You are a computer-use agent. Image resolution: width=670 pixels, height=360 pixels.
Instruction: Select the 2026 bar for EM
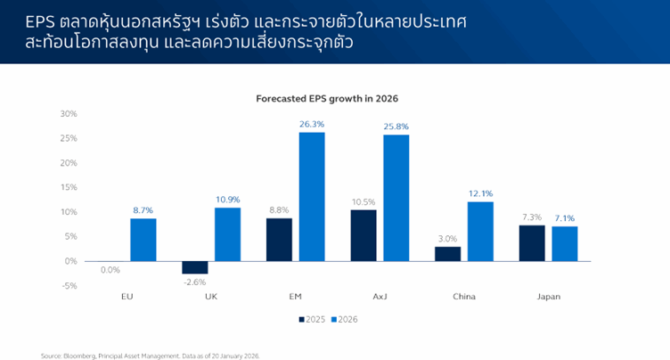tap(312, 196)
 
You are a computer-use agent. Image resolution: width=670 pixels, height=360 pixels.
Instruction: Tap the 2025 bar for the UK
tap(194, 267)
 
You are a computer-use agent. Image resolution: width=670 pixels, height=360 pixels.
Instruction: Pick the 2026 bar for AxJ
tap(396, 198)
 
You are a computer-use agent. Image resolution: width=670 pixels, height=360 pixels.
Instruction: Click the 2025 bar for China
tap(448, 253)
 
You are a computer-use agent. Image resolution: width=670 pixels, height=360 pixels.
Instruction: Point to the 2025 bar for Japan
tap(532, 242)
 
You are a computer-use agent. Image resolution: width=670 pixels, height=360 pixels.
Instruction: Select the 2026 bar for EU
tap(143, 240)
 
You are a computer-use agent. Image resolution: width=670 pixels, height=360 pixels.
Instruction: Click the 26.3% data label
tap(312, 125)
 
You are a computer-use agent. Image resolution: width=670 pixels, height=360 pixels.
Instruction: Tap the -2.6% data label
tap(194, 282)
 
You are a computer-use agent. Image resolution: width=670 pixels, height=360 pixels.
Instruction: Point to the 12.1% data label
tap(480, 193)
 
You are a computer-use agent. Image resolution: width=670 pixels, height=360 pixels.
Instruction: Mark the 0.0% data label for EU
tap(110, 269)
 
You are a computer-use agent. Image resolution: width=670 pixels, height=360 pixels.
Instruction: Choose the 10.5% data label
tap(364, 201)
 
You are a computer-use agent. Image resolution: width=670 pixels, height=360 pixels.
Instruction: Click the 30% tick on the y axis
tap(69, 114)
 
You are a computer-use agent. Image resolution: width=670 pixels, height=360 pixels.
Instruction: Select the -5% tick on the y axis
tap(69, 285)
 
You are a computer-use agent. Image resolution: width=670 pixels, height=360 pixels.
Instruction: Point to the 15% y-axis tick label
tap(69, 187)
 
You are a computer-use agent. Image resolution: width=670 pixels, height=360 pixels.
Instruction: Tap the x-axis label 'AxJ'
tap(380, 297)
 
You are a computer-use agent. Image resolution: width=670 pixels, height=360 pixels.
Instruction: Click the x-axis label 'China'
tap(464, 297)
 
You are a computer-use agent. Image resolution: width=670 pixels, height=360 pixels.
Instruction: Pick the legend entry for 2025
tap(310, 319)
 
